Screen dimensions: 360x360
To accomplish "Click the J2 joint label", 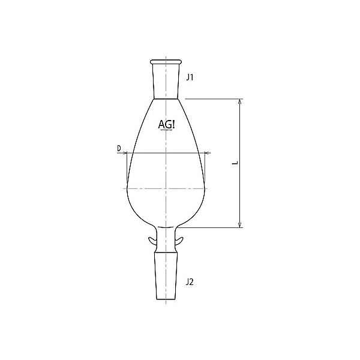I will pos(190,281).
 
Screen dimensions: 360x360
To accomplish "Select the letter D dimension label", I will pos(119,147).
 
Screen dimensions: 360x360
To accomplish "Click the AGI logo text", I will pos(167,124).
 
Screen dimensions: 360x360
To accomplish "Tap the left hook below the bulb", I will pos(152,241).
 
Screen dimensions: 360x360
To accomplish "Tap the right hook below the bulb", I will pos(180,241).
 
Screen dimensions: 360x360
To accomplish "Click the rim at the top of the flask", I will pos(166,61).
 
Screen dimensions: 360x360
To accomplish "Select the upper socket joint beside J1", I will pos(166,81).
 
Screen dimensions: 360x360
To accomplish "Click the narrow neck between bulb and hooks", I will pos(166,233).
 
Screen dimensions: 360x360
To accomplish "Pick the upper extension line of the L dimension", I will pos(216,98).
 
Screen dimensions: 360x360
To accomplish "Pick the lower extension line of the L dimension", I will pos(213,227).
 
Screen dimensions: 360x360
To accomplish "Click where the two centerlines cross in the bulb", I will pos(166,188).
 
